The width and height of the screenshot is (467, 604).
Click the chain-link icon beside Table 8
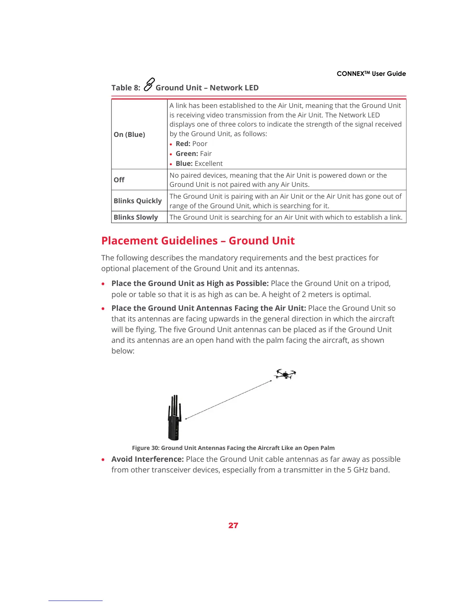tap(149, 84)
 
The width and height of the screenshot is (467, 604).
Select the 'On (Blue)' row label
tap(129, 135)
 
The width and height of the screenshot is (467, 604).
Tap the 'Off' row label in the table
tap(119, 180)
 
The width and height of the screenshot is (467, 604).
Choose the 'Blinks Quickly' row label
tap(138, 201)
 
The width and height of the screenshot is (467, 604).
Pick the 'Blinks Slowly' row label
tap(136, 217)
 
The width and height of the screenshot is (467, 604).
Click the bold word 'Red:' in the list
tap(183, 144)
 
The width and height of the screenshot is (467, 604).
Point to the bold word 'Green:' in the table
tap(187, 154)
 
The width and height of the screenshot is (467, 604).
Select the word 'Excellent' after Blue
tap(209, 164)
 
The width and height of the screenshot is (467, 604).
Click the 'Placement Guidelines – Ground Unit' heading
tap(198, 241)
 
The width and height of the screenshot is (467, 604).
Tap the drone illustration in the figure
tap(285, 374)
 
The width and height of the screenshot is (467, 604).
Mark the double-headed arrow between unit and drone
tap(229, 400)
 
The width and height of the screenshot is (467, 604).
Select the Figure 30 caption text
tap(233, 448)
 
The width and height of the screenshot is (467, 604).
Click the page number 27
tap(233, 525)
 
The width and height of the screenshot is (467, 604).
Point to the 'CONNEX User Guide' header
tap(371, 74)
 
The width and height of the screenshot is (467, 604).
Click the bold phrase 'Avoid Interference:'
tap(148, 459)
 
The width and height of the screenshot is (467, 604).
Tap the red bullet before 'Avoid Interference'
tap(103, 460)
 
